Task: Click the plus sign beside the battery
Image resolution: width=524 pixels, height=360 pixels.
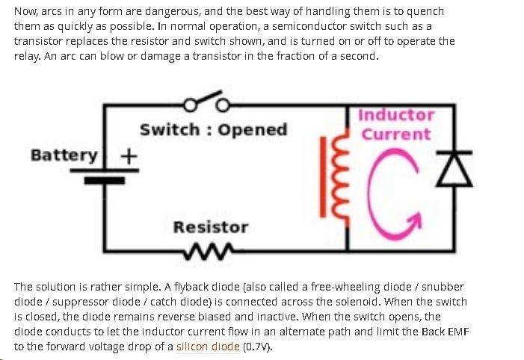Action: click(129, 155)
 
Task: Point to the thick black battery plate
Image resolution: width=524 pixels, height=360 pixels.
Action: click(105, 180)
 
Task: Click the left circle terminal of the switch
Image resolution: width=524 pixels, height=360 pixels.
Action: click(190, 105)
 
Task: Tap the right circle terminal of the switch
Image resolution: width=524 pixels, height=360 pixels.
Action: click(223, 105)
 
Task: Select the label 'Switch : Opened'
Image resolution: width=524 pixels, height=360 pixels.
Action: click(214, 129)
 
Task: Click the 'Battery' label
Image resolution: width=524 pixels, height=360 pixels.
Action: click(64, 155)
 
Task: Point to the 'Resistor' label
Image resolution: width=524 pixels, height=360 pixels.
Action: click(211, 227)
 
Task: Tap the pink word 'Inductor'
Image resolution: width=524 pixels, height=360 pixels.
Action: click(397, 115)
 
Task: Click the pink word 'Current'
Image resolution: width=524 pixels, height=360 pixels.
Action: click(397, 134)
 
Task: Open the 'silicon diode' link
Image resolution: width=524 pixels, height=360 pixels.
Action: click(208, 347)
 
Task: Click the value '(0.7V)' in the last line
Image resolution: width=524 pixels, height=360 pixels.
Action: click(257, 347)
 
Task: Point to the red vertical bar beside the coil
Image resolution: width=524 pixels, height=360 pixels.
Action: click(323, 177)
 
